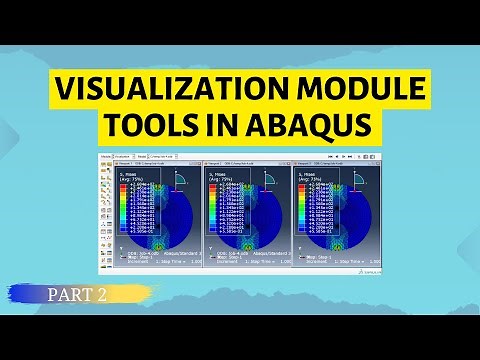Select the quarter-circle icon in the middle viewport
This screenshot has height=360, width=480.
coord(270,180)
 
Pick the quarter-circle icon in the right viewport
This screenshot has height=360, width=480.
coord(355,180)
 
